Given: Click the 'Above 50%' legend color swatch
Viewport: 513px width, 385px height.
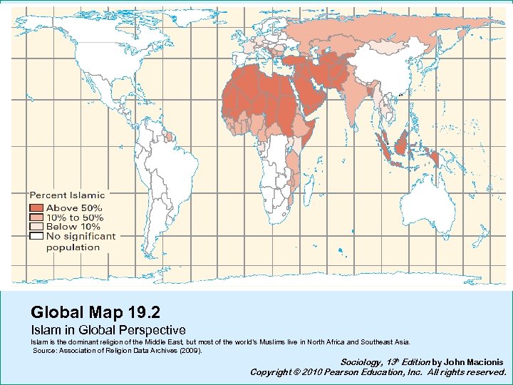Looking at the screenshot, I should [x=36, y=208].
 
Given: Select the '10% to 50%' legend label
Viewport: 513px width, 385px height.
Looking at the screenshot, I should [x=75, y=217].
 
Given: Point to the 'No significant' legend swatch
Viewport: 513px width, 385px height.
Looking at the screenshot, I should [x=36, y=235].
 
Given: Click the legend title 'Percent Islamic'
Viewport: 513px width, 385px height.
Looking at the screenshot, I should [x=67, y=195].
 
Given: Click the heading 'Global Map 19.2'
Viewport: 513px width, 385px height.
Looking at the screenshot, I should [x=95, y=312].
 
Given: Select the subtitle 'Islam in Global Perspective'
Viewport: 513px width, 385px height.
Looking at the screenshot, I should [x=108, y=330].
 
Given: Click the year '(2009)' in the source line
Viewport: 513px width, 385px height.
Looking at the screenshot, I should [x=190, y=351].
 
